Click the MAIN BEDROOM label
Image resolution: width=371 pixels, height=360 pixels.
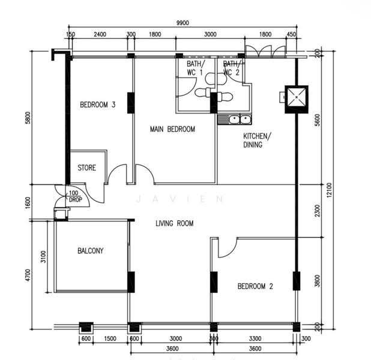coord(172,129)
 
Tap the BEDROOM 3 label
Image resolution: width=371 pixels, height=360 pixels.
coord(97,104)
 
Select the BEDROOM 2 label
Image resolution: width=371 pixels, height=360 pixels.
coord(255,286)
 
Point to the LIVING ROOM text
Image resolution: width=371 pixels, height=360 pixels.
coord(174,223)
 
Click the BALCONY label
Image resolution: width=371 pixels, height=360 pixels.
coord(91,250)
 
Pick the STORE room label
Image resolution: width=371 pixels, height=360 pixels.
coord(86,168)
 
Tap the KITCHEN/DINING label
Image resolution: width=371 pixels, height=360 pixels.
coord(257,140)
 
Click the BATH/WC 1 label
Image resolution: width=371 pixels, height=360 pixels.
coord(195,68)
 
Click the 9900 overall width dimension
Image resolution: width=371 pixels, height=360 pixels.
coord(182,23)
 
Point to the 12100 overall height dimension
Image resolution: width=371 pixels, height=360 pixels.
coord(329,190)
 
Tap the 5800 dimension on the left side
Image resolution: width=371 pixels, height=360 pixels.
coord(28,118)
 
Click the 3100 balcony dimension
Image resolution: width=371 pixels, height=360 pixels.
coord(43,257)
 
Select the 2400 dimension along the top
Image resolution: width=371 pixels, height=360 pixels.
coord(100,34)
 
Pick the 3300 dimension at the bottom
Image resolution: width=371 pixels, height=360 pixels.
coord(255,338)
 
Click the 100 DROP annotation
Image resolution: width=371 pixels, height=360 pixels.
coord(75,196)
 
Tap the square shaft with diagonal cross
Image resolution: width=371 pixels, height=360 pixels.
coord(297,99)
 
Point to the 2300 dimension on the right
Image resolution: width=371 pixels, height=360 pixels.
coord(318,211)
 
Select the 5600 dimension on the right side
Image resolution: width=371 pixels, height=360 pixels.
coord(318,120)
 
